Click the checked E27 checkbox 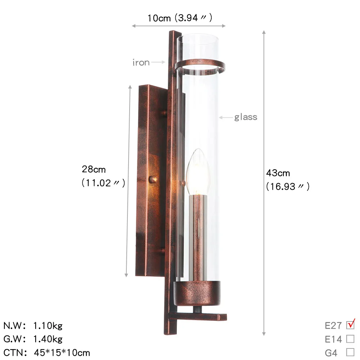click(350, 325)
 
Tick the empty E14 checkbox click(350, 339)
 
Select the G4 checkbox click(350, 352)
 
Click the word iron click(141, 63)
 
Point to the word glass click(246, 117)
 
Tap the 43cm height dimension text click(278, 173)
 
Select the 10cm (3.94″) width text click(179, 18)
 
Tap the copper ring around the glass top click(200, 65)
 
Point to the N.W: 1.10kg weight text click(33, 326)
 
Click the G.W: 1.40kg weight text click(33, 339)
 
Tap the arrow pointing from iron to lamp click(158, 62)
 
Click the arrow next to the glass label click(226, 117)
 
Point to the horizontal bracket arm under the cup click(198, 316)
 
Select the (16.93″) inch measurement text click(287, 186)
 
